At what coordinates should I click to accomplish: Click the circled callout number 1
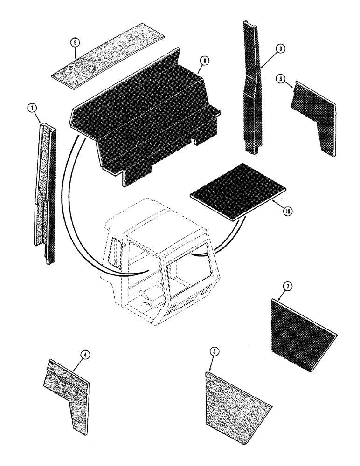(x=32, y=108)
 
